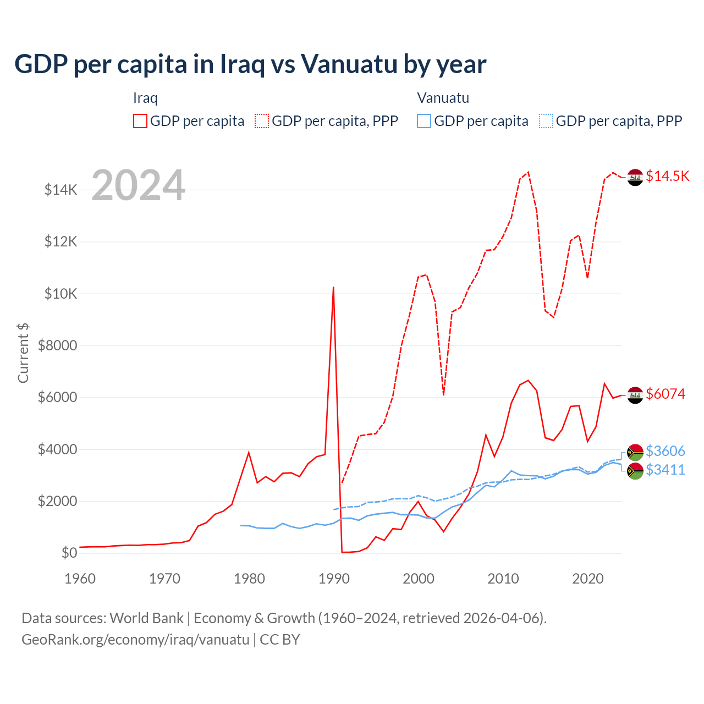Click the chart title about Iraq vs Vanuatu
tap(250, 64)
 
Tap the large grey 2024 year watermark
tap(138, 185)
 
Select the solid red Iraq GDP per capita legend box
tap(140, 121)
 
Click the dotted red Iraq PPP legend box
tap(262, 121)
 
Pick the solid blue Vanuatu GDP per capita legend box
tap(424, 121)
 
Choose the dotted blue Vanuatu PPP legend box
tap(546, 121)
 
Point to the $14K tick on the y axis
tap(61, 190)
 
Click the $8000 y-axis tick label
tap(57, 345)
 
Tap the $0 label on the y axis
tap(69, 553)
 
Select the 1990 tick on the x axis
tap(334, 579)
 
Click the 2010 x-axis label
tap(503, 579)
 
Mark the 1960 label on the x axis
tap(80, 579)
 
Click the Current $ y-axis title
tap(23, 353)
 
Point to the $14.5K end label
tap(667, 176)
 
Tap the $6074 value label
tap(665, 394)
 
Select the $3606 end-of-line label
tap(665, 451)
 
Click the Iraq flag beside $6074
tap(635, 395)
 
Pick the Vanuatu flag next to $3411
tap(635, 471)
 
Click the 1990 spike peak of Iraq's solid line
tap(333, 287)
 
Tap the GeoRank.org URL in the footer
tap(135, 640)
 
